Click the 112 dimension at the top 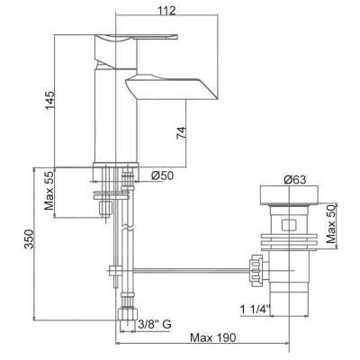click(x=166, y=11)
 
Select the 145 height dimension click(x=49, y=101)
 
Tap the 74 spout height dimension click(x=181, y=132)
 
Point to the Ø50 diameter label click(x=162, y=175)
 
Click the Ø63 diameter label click(x=295, y=180)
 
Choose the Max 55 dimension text click(x=49, y=190)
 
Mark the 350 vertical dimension click(x=29, y=239)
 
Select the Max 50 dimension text click(x=331, y=225)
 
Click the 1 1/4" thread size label click(x=255, y=309)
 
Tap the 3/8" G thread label click(x=155, y=324)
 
